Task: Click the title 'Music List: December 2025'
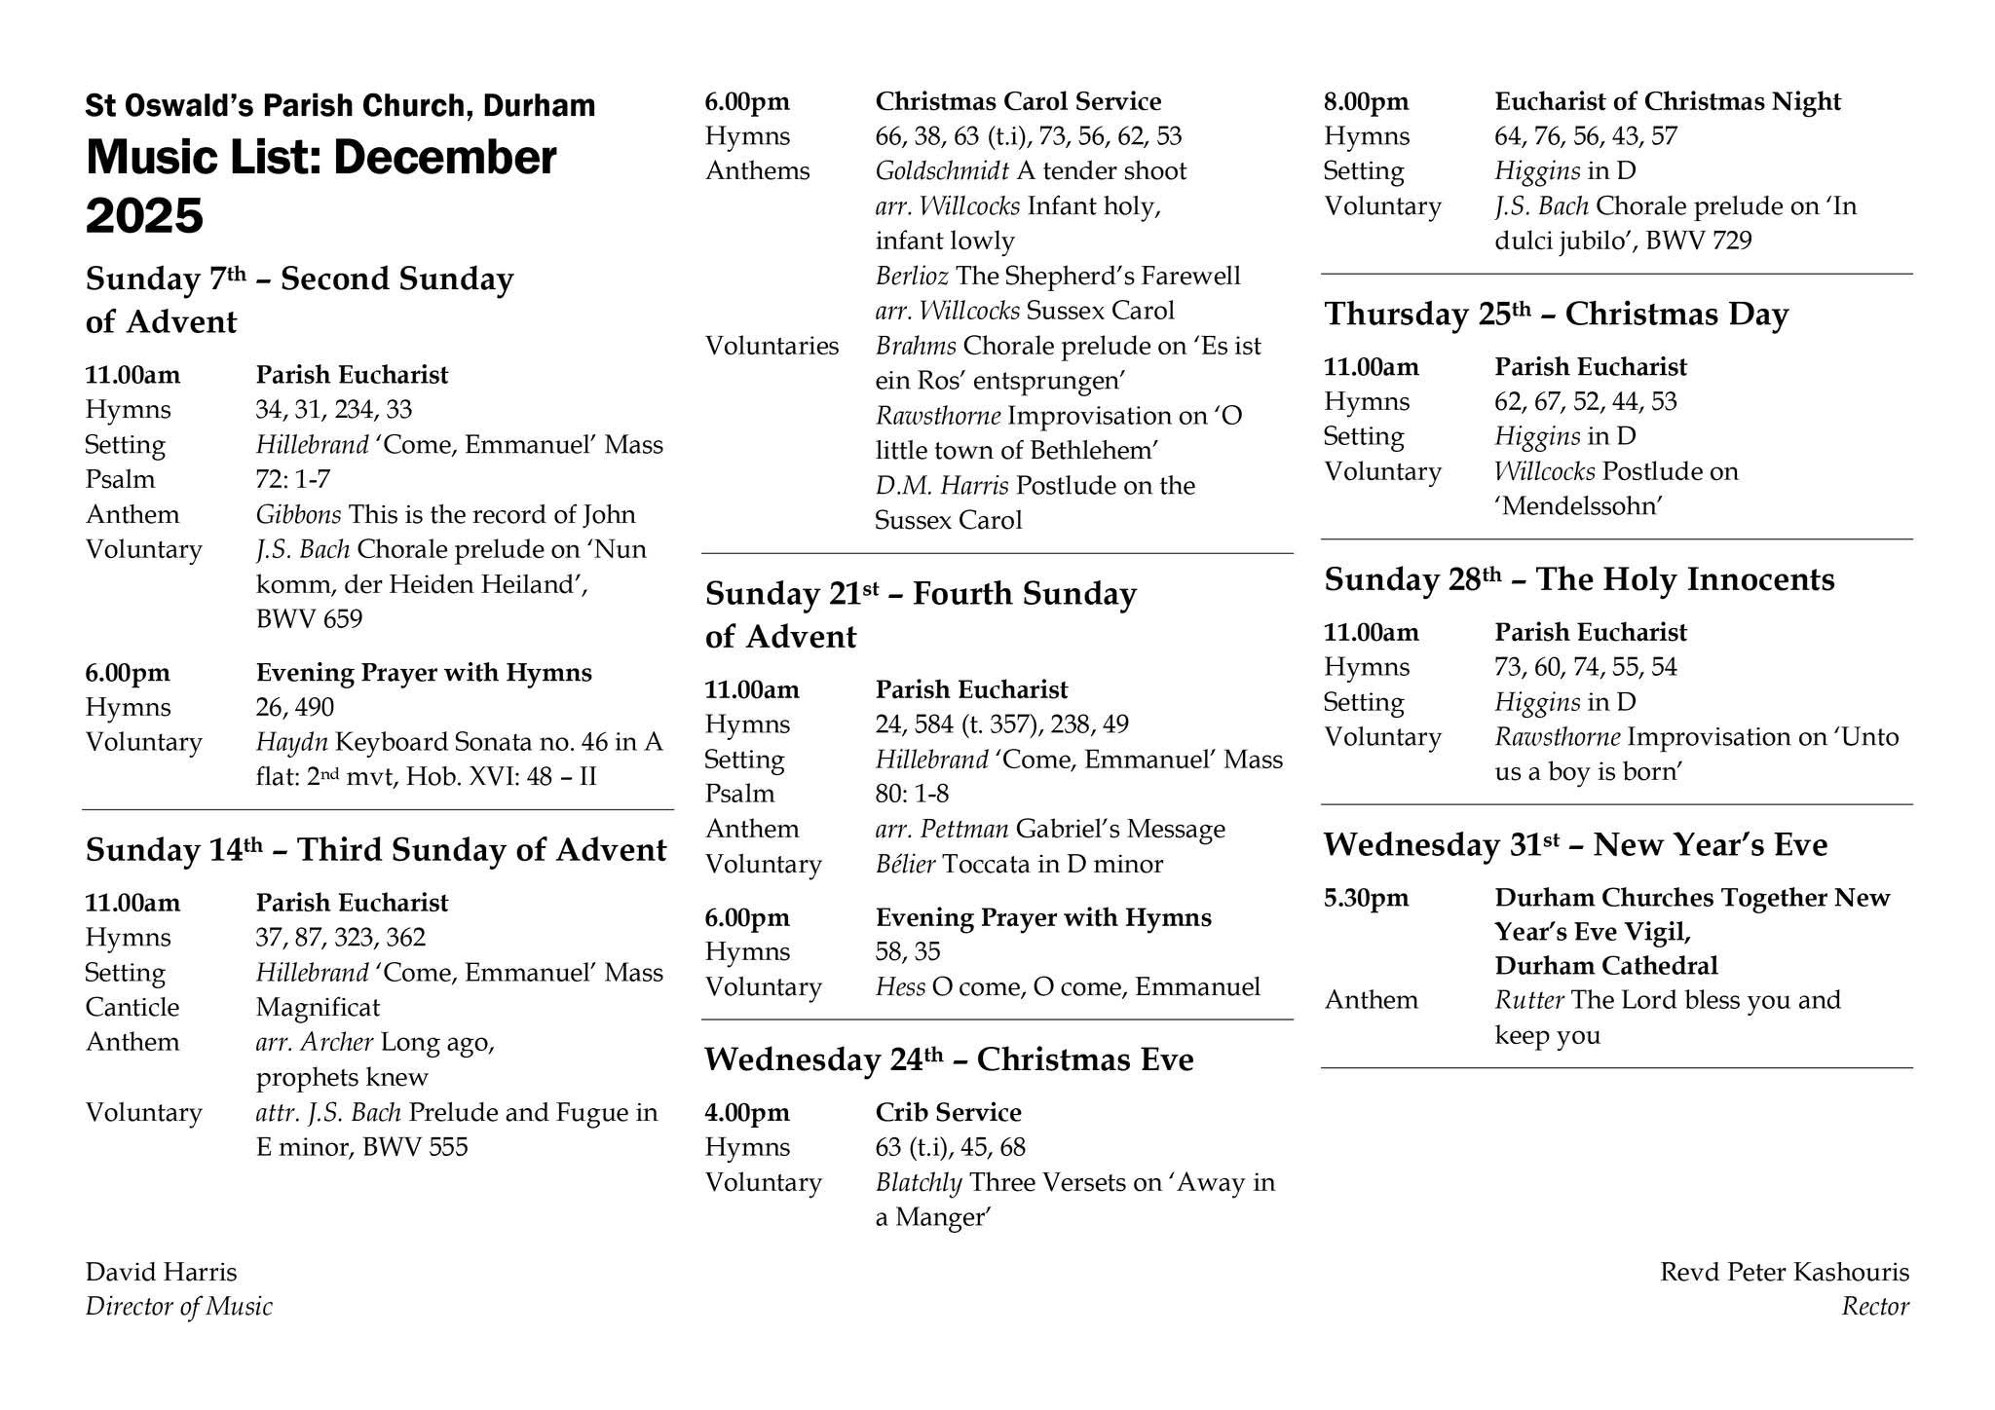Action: tap(321, 185)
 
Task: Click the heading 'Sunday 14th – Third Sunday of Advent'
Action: tap(376, 850)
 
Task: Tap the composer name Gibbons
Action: tap(298, 514)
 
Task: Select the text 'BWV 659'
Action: tap(309, 619)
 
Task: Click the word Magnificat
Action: tap(318, 1007)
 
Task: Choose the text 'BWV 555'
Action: tap(415, 1147)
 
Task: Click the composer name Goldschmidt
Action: tap(941, 171)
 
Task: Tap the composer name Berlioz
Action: tap(912, 277)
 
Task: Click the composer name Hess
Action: tap(899, 987)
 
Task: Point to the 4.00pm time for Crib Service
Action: tap(747, 1112)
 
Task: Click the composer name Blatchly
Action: tap(919, 1182)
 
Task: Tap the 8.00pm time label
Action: tap(1366, 101)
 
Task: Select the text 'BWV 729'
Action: tap(1699, 241)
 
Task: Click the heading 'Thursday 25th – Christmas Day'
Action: tap(1556, 315)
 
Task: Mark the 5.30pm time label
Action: tap(1366, 897)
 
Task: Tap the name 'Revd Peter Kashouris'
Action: tap(1785, 1272)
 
